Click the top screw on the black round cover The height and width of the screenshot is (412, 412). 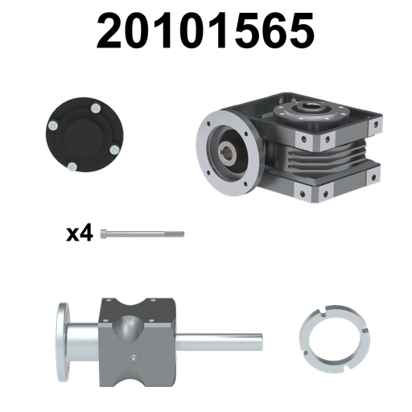tap(96, 109)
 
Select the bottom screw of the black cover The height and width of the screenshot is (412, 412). tap(72, 167)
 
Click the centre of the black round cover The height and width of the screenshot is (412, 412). tap(84, 138)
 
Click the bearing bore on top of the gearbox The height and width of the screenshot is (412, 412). tap(311, 107)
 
